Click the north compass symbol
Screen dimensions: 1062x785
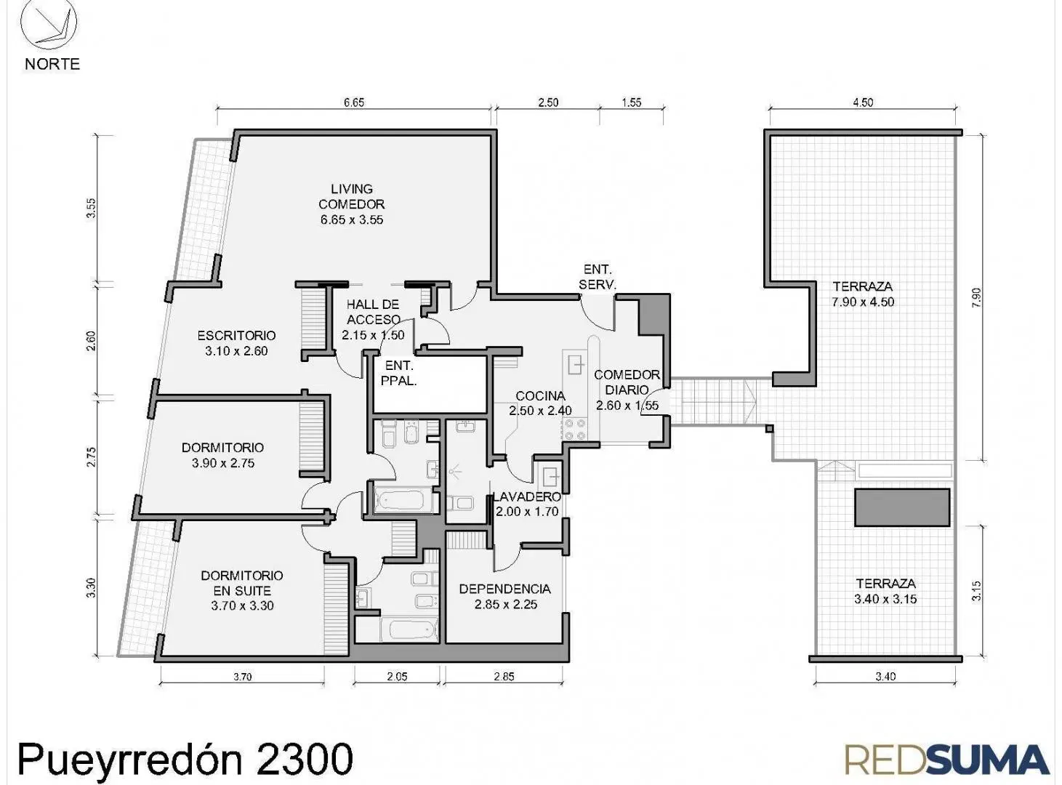[x=49, y=23]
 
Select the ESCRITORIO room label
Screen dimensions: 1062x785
[x=236, y=335]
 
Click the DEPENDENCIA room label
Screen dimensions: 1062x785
[x=505, y=589]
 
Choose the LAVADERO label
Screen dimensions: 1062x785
[x=527, y=496]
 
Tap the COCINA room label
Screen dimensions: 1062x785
[x=541, y=396]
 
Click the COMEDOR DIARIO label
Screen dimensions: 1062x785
[x=627, y=382]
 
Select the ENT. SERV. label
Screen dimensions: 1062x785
[x=598, y=277]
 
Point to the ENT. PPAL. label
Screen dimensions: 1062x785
[x=399, y=373]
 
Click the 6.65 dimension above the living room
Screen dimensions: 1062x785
[x=354, y=102]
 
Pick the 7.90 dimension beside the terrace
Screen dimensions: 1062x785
[x=977, y=298]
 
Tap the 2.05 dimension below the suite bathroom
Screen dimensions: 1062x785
[x=397, y=676]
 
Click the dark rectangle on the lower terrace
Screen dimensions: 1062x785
[x=902, y=507]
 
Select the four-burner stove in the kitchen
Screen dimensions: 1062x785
[x=574, y=430]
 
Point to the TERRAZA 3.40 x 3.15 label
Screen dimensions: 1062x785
[x=886, y=591]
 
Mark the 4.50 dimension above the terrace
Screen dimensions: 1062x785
[x=864, y=102]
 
